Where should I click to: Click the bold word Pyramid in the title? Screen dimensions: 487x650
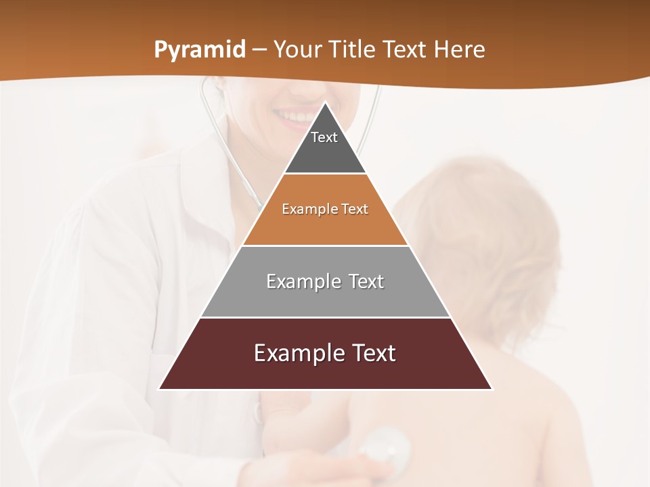(x=199, y=50)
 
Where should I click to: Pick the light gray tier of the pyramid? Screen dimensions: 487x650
(x=325, y=298)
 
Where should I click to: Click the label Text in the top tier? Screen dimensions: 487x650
(x=324, y=137)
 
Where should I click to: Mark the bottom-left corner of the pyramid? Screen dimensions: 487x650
(x=160, y=389)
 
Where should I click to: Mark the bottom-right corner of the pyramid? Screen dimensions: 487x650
(x=492, y=389)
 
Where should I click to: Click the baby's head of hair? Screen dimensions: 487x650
(x=481, y=216)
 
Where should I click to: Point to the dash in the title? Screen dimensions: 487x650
(x=259, y=49)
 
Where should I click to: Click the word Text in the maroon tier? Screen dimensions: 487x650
(x=371, y=353)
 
